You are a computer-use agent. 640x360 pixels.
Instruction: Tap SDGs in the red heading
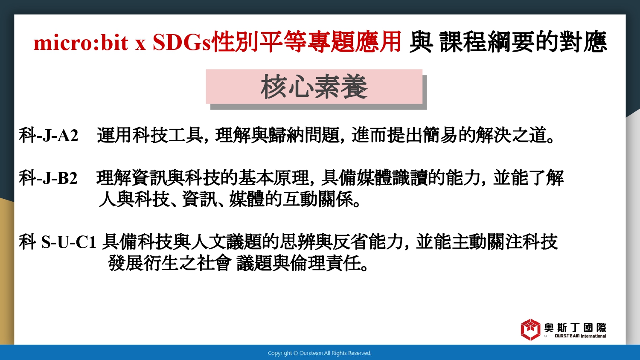click(182, 43)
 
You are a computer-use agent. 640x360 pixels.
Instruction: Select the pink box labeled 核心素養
click(314, 87)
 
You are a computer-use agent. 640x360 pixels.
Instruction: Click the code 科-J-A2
click(49, 135)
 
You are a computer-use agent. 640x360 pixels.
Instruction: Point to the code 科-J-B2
click(48, 178)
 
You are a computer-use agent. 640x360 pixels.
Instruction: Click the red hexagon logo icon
click(530, 329)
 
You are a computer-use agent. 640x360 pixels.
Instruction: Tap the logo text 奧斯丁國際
click(575, 328)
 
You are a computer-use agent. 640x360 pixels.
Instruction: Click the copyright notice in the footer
click(320, 353)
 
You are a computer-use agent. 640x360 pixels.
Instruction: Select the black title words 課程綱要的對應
click(523, 43)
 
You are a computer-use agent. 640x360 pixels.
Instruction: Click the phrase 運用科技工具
click(150, 135)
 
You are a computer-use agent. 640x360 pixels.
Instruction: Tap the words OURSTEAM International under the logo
click(580, 336)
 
